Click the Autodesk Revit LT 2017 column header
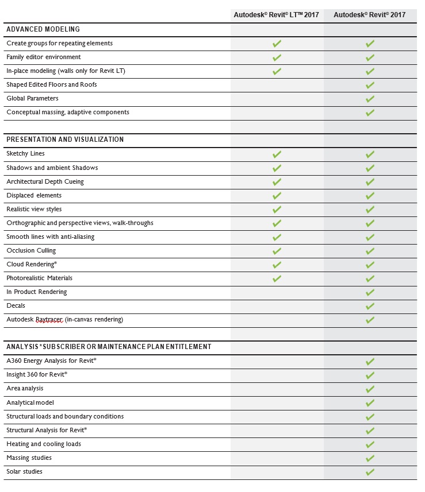[x=276, y=15]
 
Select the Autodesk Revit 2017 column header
[x=369, y=15]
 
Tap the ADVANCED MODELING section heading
[x=43, y=29]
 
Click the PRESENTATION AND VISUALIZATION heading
[x=65, y=140]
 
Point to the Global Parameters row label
[x=32, y=98]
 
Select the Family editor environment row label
[x=44, y=57]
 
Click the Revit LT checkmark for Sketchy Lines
[x=277, y=154]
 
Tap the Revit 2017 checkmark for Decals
[x=370, y=306]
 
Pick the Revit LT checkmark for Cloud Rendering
[x=277, y=265]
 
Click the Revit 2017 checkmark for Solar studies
[x=370, y=472]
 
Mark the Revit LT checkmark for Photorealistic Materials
[x=277, y=278]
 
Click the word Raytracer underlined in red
[x=49, y=320]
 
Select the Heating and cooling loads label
[x=44, y=444]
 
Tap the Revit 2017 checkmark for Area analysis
[x=370, y=389]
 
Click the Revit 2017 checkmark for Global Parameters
[x=370, y=99]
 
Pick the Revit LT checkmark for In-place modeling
[x=277, y=71]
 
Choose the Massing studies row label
[x=29, y=458]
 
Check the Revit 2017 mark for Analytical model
[x=370, y=403]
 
